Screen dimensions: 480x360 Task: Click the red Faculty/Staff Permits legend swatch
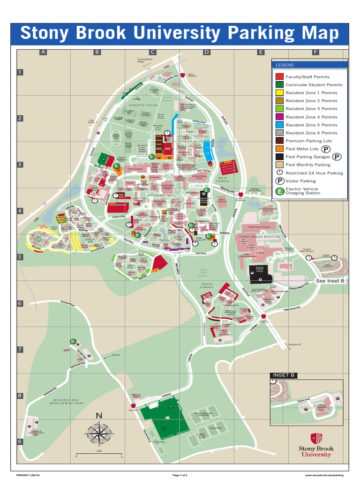279,76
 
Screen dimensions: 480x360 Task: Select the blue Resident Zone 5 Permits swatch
279,125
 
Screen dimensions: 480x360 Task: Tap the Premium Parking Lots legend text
308,141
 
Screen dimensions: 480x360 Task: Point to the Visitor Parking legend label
300,181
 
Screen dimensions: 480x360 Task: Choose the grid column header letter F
315,52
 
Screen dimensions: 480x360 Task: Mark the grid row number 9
20,441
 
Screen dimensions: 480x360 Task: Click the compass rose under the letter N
99,433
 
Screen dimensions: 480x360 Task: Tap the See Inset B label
330,281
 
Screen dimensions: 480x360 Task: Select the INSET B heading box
284,375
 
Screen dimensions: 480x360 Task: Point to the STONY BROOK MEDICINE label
258,237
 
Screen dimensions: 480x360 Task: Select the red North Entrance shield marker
182,75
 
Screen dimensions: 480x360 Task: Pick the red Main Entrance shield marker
240,194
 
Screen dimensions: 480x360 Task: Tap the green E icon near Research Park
73,341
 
